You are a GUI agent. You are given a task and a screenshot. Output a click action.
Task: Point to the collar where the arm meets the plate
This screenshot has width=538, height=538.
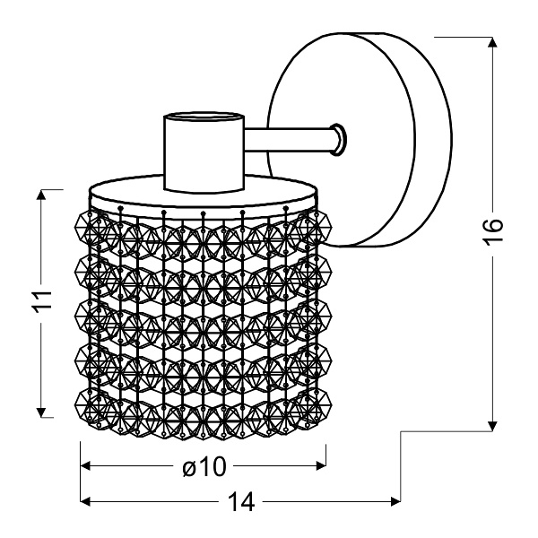[x=338, y=138]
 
